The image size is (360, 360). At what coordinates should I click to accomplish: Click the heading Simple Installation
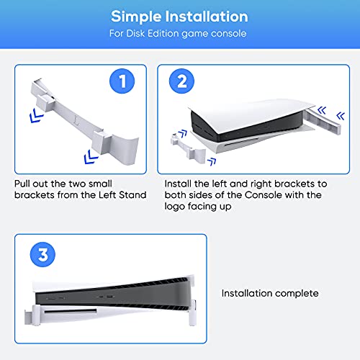[179, 16]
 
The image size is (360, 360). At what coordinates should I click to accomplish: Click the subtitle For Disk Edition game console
[179, 32]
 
